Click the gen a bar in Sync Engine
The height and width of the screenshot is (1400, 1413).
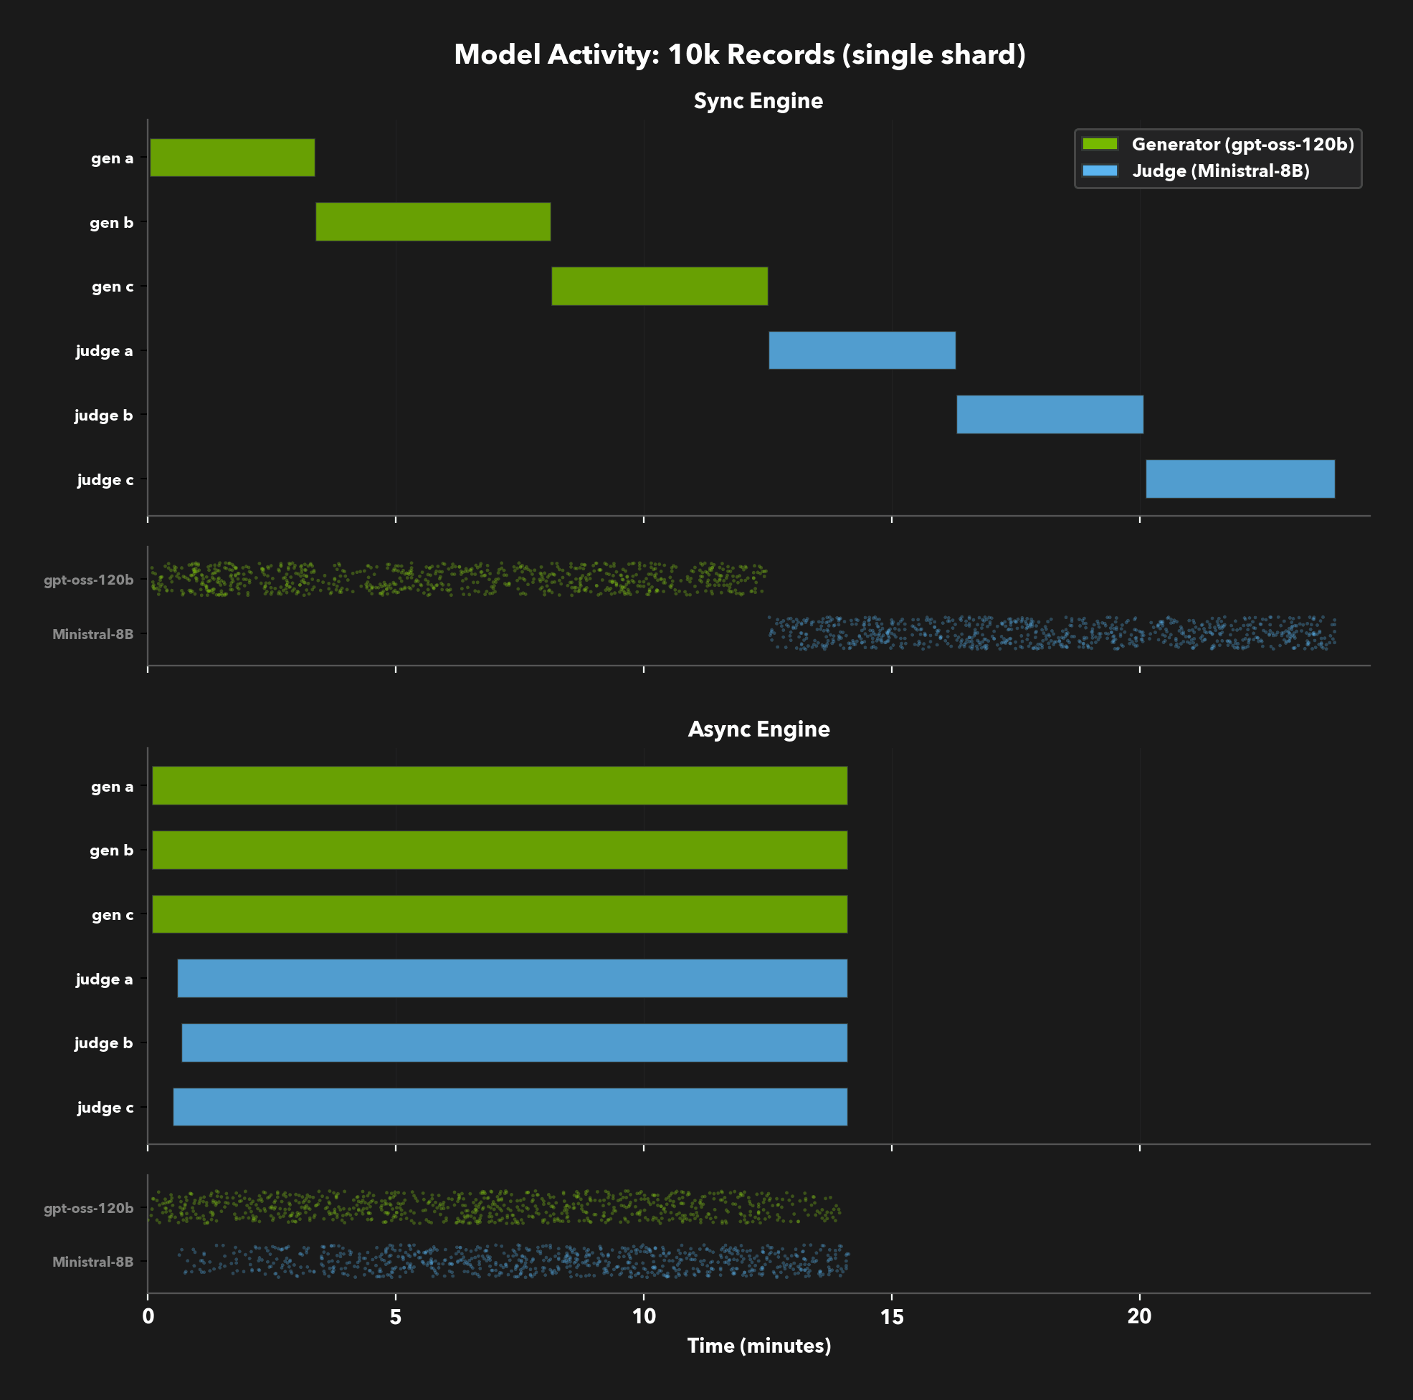point(232,157)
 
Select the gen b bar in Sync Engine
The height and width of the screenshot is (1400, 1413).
point(433,221)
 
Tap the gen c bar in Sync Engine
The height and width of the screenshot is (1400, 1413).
point(660,286)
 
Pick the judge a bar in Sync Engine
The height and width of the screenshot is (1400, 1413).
point(862,350)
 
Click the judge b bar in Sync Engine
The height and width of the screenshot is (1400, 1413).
point(1050,415)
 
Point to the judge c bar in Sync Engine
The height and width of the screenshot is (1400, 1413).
point(1240,479)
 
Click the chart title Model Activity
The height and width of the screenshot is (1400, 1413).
point(739,55)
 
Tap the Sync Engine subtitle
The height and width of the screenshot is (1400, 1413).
point(758,101)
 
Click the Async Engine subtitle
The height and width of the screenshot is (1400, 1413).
point(758,729)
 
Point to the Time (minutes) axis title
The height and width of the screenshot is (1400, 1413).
point(758,1346)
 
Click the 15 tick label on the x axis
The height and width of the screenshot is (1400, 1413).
point(892,1317)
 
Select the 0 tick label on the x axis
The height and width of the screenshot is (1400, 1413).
point(148,1317)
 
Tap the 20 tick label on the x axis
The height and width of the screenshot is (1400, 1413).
point(1139,1317)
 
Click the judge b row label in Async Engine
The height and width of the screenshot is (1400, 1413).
point(104,1043)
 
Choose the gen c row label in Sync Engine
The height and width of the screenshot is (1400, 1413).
point(113,287)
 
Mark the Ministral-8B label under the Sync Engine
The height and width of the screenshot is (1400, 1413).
point(93,635)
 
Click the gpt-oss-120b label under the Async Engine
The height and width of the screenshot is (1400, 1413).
point(88,1209)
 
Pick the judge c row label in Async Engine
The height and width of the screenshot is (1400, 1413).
point(105,1108)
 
